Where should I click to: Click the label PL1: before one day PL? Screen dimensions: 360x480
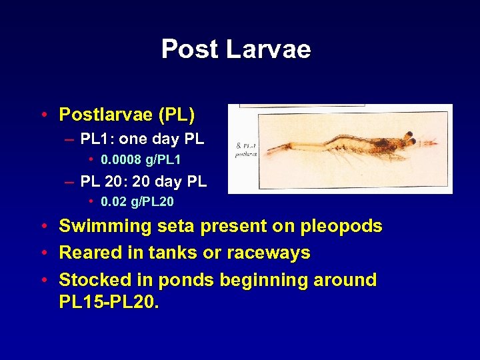[98, 140]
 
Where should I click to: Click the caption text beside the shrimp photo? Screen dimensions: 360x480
[245, 149]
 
